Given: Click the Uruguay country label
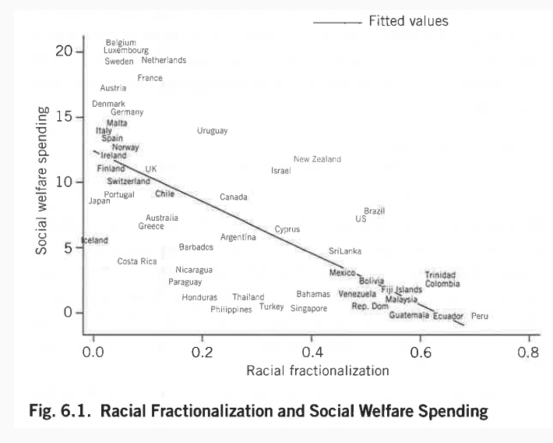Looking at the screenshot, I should coord(212,131).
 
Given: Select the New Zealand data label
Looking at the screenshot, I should coord(317,159).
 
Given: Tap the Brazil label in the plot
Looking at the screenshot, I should coord(375,211).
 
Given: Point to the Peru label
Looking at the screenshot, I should coord(480,316).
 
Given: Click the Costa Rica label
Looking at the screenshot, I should coord(137,261).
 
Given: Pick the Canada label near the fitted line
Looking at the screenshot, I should coord(234,197).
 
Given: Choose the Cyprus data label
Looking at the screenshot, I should coord(287,230).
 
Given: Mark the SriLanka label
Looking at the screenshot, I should coord(345,251).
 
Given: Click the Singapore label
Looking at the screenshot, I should coord(308,308).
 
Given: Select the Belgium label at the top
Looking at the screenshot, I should coord(121,43).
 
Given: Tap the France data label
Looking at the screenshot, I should coord(150,78).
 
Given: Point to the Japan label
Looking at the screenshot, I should coord(100,201).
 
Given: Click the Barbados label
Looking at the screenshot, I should coord(196,247).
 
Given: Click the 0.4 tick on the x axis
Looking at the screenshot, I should coord(312,352).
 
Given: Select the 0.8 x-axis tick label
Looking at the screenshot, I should coord(528,352).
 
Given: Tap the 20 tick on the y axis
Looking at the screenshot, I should coord(64,51).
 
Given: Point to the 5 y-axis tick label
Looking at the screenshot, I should coord(69,247).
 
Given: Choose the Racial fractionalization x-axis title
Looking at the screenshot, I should coord(317,370).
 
